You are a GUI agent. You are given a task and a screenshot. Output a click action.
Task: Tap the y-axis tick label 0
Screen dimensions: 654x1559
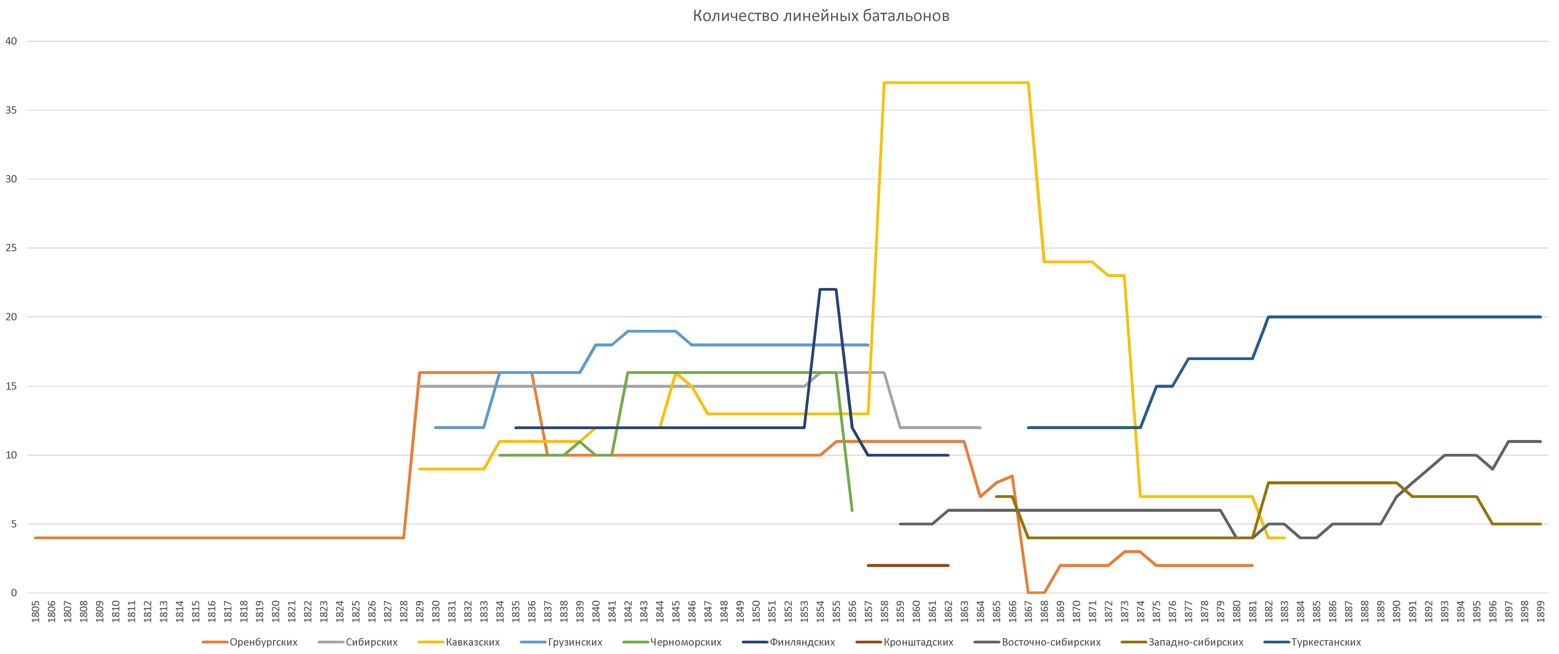[13, 593]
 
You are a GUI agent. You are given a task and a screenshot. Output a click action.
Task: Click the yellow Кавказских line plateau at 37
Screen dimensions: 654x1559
[956, 83]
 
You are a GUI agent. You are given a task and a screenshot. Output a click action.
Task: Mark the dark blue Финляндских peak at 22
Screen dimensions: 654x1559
[828, 289]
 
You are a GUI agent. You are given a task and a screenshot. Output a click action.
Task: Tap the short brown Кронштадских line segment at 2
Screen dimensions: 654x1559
[908, 565]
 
